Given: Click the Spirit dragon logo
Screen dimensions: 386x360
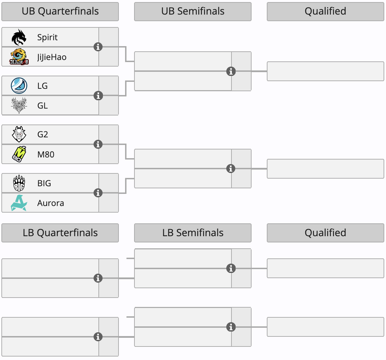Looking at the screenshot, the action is (19, 37).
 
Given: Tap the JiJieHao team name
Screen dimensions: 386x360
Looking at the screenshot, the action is (52, 57).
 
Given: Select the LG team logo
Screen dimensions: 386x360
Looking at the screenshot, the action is (19, 86).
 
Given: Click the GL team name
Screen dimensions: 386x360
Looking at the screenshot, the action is (42, 105).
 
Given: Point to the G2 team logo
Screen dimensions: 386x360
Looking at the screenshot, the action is (19, 134).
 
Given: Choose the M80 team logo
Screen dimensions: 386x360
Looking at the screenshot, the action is (19, 154).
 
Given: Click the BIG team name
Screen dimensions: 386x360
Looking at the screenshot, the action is (44, 183).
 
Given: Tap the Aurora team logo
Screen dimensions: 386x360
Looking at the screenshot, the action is (19, 203).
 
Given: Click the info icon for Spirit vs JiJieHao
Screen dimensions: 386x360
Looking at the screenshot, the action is (98, 46).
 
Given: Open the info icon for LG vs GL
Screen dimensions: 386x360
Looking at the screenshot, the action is (98, 95).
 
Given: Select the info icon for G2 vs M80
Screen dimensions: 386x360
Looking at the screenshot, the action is (98, 144).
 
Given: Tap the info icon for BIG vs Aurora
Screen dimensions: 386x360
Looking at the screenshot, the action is (98, 193).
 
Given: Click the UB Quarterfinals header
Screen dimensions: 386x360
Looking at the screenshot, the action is (60, 11).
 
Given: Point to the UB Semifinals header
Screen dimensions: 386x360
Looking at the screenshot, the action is (193, 11).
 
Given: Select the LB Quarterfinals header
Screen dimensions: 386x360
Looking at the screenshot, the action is (60, 233).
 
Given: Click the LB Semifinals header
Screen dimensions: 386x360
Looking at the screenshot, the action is (193, 233).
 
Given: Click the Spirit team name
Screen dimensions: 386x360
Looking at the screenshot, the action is (47, 37).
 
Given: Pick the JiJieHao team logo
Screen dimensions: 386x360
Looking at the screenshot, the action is (19, 57).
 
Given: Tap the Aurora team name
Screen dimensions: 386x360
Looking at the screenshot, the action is (51, 203).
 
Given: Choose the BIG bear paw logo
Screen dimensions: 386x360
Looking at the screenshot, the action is (19, 183).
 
